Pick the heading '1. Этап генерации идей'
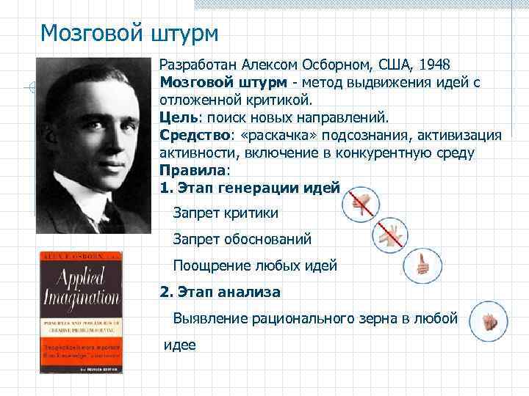point(250,188)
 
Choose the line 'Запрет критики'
point(226,213)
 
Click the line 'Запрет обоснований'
point(242,239)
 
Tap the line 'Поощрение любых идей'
point(255,265)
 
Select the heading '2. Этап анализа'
point(220,292)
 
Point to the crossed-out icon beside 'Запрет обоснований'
point(389,234)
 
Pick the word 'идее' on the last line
point(180,344)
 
